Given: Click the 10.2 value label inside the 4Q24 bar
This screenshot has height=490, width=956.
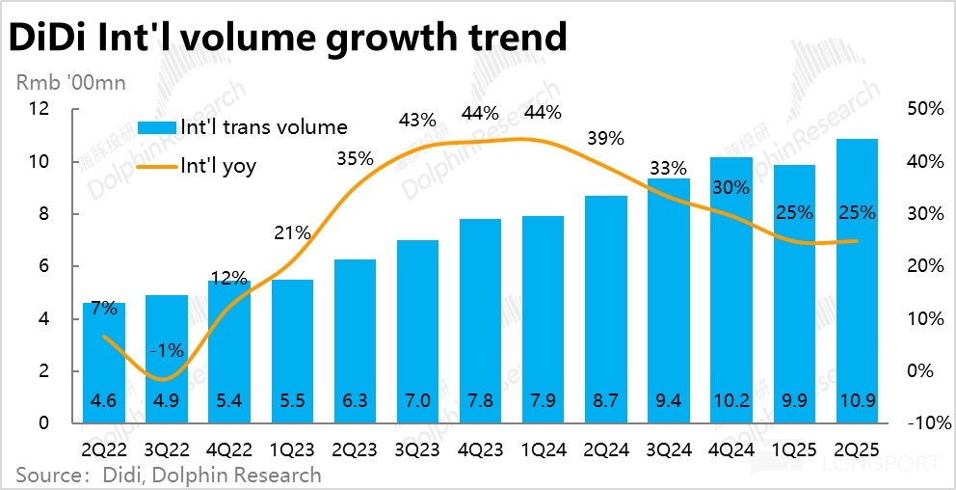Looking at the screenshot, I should tap(731, 403).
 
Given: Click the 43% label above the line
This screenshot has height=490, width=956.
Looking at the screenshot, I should tap(418, 121).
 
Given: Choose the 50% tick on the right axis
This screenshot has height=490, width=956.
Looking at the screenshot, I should tap(926, 109).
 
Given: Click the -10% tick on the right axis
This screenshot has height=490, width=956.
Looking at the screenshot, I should tap(927, 423).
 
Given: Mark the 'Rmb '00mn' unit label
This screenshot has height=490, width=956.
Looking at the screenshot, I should tap(70, 83).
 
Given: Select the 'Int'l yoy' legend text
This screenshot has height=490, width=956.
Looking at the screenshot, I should tap(219, 166).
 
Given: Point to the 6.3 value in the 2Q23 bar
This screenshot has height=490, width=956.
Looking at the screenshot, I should tap(356, 403).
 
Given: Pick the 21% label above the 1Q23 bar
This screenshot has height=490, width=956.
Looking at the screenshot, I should tap(292, 232).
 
